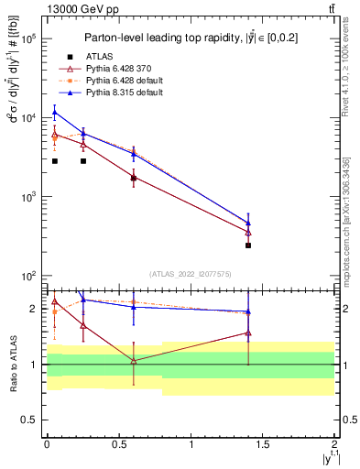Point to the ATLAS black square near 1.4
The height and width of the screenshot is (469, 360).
click(248, 245)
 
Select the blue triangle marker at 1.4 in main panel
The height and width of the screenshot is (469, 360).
click(248, 223)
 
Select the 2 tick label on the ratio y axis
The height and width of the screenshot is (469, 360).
click(34, 309)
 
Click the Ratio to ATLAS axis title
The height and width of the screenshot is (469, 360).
click(12, 365)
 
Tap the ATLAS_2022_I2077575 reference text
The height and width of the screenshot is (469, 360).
click(190, 274)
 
